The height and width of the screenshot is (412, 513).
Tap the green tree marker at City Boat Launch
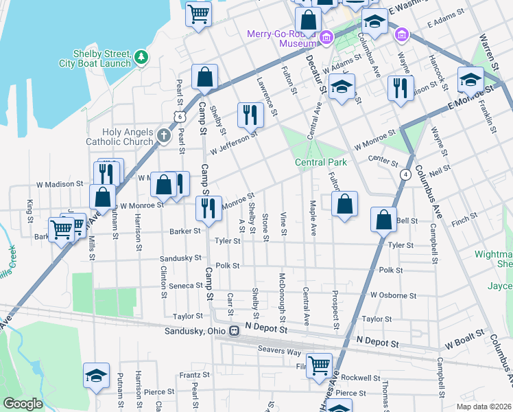click(141, 57)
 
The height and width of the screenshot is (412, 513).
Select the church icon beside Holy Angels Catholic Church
click(163, 135)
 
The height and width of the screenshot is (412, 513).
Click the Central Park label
click(320, 162)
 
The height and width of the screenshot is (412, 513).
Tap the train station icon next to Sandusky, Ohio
click(234, 331)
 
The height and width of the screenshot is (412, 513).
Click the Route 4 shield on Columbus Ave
click(407, 174)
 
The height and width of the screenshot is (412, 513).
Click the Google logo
click(23, 403)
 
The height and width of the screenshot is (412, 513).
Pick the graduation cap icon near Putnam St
click(97, 375)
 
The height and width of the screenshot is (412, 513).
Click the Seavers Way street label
click(279, 350)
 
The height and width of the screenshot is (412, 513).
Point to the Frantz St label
click(194, 376)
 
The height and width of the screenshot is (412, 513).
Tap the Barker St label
click(185, 231)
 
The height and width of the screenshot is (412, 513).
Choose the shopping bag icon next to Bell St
click(384, 219)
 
